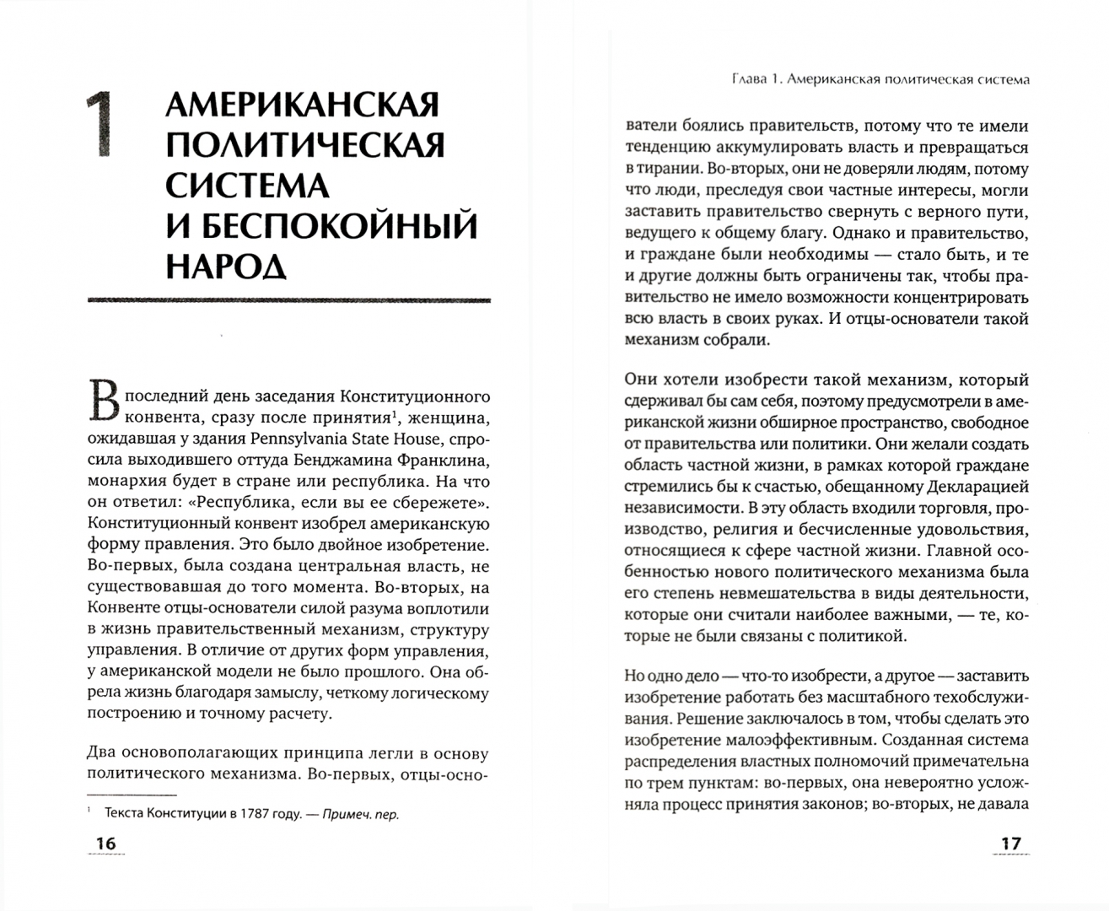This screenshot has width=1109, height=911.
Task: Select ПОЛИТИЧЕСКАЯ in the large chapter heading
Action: tap(304, 146)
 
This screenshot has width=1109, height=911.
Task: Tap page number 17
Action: tap(1010, 844)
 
